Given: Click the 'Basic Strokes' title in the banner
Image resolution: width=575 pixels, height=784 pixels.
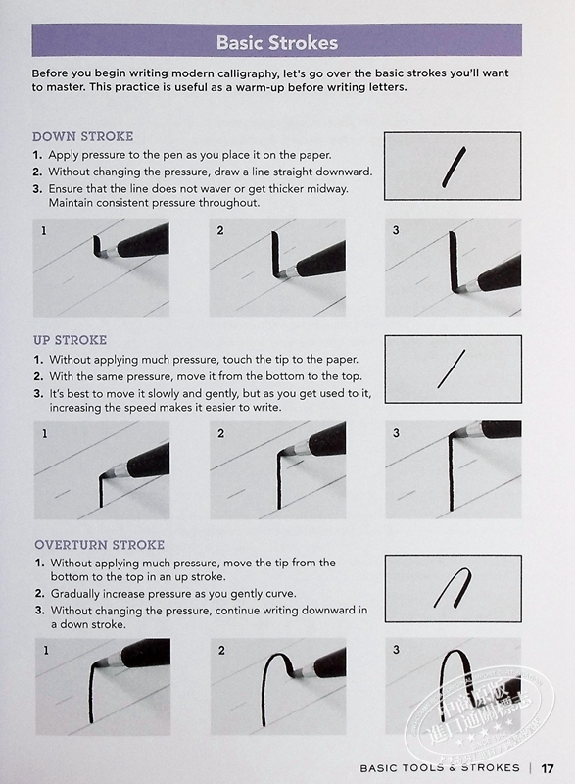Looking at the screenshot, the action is pyautogui.click(x=277, y=42).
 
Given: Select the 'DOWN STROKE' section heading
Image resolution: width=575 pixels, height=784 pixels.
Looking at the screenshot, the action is pyautogui.click(x=83, y=136).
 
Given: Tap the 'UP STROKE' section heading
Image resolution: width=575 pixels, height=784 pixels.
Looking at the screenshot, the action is pyautogui.click(x=70, y=340).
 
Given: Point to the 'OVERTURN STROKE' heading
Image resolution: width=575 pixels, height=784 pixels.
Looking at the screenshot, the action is pyautogui.click(x=99, y=545).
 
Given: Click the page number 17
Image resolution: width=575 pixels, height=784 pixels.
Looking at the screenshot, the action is pyautogui.click(x=548, y=768).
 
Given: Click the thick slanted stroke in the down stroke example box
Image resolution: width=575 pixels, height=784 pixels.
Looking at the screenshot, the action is pyautogui.click(x=455, y=167).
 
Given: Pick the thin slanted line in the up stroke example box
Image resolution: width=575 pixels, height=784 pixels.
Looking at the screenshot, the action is pyautogui.click(x=452, y=369).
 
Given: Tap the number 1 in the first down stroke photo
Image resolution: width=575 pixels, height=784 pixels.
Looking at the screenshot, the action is pyautogui.click(x=44, y=231).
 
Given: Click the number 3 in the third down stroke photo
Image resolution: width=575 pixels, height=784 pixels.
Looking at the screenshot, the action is pyautogui.click(x=396, y=230).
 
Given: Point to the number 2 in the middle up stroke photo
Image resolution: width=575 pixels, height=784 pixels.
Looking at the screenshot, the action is pyautogui.click(x=220, y=433).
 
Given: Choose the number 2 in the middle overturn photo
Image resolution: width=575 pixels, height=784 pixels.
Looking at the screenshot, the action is pyautogui.click(x=221, y=650).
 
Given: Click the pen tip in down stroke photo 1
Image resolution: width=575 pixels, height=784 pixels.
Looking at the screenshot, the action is pyautogui.click(x=103, y=253).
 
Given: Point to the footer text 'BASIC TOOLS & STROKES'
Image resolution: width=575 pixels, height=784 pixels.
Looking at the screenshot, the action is pyautogui.click(x=440, y=768).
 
